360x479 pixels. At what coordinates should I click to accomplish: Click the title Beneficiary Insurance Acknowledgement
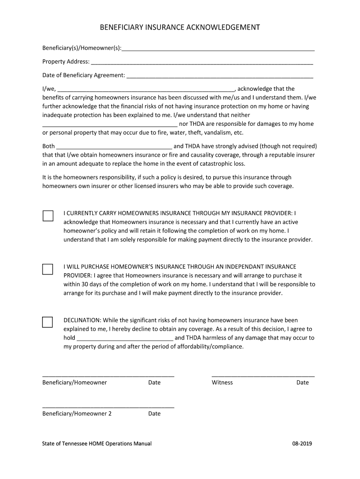pos(180,28)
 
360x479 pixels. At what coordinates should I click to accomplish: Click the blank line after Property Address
pos(202,62)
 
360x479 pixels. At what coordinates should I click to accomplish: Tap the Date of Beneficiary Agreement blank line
pos(219,75)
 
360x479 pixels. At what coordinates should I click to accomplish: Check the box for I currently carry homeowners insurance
pos(48,216)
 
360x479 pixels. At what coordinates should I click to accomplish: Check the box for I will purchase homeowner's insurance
pos(48,269)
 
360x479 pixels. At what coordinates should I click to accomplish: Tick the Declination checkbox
pos(48,322)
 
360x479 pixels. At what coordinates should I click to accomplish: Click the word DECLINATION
pos(82,320)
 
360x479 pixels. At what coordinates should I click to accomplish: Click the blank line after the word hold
pos(125,338)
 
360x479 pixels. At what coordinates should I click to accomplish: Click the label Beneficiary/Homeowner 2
pos(77,414)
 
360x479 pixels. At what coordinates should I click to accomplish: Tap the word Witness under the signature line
pos(222,383)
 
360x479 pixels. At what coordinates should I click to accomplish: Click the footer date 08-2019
pos(302,443)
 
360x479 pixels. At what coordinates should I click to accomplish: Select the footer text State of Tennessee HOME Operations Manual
pos(97,443)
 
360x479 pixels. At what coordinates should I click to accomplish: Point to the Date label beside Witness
pos(302,383)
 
